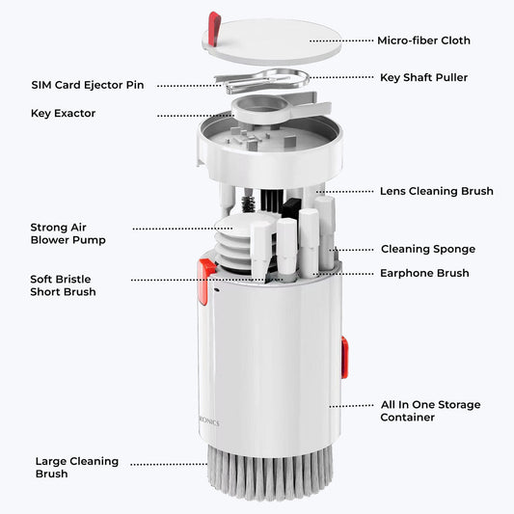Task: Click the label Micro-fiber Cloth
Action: click(423, 41)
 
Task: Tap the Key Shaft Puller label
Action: click(423, 78)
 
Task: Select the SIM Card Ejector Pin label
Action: click(88, 85)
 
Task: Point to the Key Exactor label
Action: click(63, 114)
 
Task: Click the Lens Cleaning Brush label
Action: click(436, 191)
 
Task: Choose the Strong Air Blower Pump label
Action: click(68, 233)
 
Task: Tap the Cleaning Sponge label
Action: click(428, 249)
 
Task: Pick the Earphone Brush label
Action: click(424, 273)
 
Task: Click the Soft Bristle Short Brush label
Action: click(63, 285)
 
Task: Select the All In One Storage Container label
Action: click(430, 411)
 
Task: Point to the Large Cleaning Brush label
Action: click(77, 468)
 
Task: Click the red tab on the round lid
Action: click(214, 29)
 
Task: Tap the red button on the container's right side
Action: click(344, 358)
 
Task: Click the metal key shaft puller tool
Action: click(262, 80)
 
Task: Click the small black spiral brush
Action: click(248, 203)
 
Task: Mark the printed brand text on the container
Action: click(209, 421)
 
